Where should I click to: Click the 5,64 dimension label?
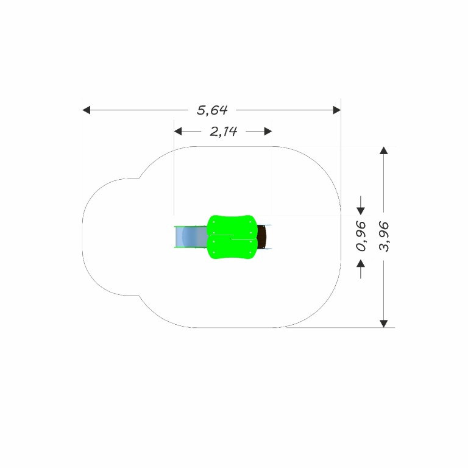(x=212, y=110)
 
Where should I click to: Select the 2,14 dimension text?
(x=224, y=132)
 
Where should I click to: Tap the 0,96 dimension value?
(x=361, y=236)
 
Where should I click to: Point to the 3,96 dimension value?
(x=384, y=236)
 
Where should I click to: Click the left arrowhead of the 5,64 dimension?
(x=87, y=110)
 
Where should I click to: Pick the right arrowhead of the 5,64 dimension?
(x=337, y=110)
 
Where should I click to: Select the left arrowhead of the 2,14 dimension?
(x=178, y=132)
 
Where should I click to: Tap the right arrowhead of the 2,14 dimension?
(x=268, y=132)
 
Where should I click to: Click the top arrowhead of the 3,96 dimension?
(x=384, y=151)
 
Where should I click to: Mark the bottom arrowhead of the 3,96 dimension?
(x=384, y=324)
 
